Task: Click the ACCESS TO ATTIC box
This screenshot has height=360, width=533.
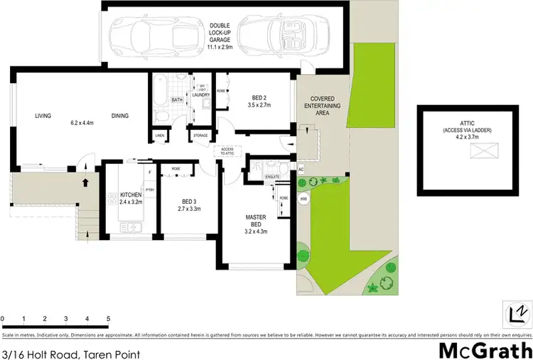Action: [x=227, y=151]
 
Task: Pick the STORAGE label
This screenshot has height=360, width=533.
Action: [x=200, y=135]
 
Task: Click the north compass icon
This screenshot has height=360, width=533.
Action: [x=517, y=313]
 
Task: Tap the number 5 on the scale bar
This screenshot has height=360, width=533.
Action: [x=108, y=319]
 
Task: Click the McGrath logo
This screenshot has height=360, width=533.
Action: [x=484, y=350]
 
